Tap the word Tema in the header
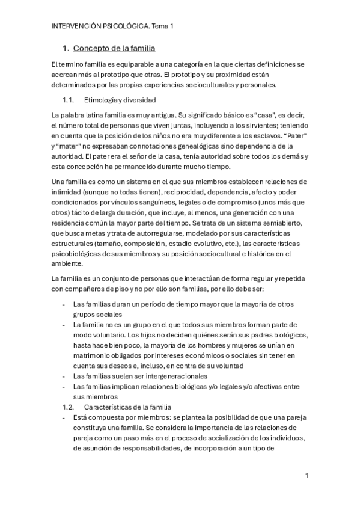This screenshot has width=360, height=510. pyautogui.click(x=158, y=26)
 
